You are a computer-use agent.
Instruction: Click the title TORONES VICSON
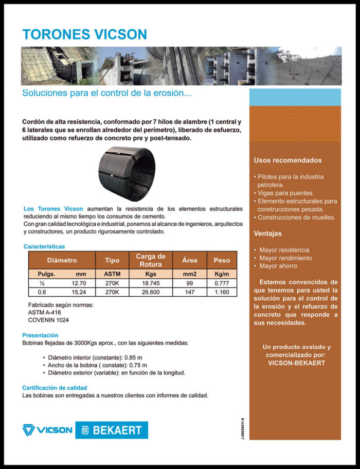(84, 34)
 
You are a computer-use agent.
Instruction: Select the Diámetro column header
(62, 260)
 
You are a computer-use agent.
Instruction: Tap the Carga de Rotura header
(150, 260)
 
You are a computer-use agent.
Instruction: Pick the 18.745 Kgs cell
(150, 283)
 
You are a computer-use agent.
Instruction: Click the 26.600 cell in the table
(150, 292)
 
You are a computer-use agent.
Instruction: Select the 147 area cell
(189, 292)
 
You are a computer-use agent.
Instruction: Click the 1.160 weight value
(222, 292)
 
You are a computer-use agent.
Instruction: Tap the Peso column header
(222, 260)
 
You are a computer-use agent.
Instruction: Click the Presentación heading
(40, 335)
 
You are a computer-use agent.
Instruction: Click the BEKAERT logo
(112, 430)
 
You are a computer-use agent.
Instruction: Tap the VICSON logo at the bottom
(47, 430)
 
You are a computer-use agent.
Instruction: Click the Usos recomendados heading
(287, 160)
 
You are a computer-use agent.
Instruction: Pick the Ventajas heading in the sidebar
(267, 233)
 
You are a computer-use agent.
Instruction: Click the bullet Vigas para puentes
(286, 193)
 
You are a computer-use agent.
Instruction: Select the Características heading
(44, 247)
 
